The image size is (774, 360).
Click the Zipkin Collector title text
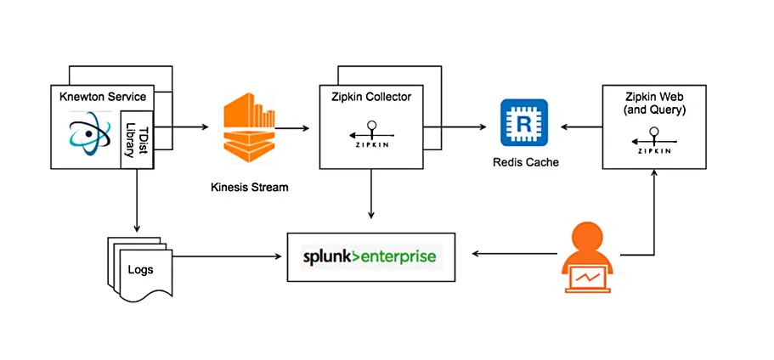click(370, 97)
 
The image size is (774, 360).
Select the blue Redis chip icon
click(524, 124)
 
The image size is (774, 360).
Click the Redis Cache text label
click(524, 161)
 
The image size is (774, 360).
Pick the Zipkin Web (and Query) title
click(654, 103)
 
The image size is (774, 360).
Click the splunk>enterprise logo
click(372, 256)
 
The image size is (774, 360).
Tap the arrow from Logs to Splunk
click(229, 256)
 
